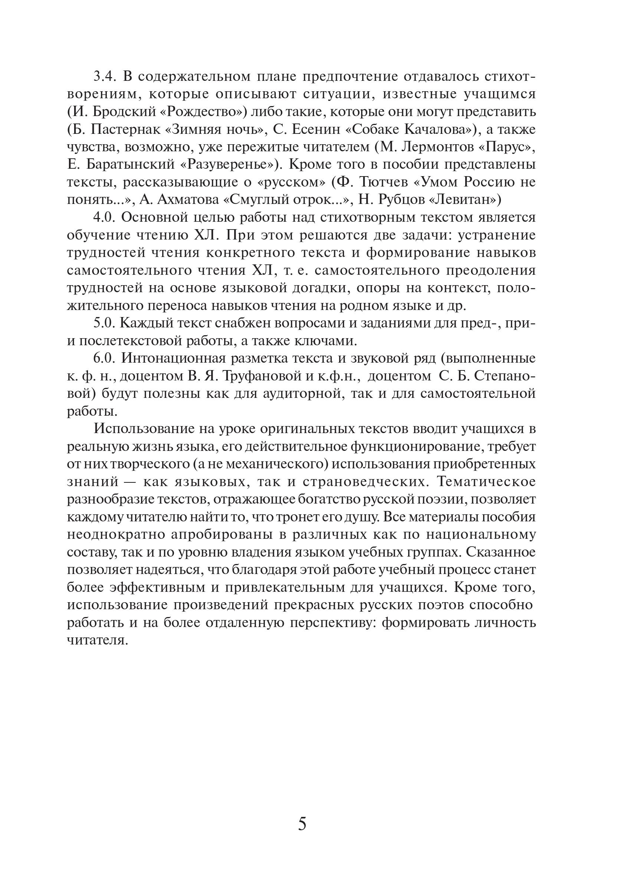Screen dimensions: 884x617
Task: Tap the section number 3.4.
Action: coord(105,77)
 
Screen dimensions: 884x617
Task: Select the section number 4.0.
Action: coord(105,218)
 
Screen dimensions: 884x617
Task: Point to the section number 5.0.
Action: coord(105,323)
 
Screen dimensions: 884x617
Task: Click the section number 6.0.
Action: coord(105,359)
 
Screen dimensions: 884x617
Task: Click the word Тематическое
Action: coord(486,482)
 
